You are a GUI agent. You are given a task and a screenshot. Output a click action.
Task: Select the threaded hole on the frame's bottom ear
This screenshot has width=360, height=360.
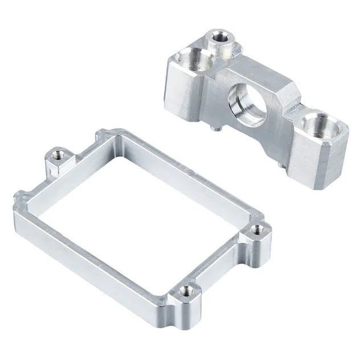click(185, 291)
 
